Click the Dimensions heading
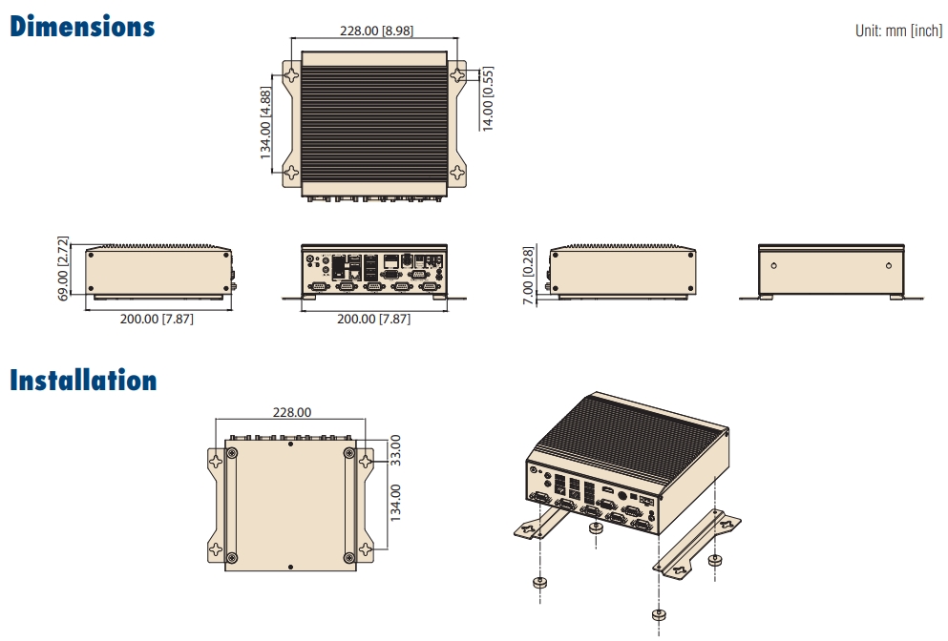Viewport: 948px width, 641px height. click(82, 27)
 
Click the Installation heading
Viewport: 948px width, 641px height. click(83, 381)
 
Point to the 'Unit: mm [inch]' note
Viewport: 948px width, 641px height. click(898, 31)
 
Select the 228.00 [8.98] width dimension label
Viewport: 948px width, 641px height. click(377, 31)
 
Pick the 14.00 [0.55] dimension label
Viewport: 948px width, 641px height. click(488, 99)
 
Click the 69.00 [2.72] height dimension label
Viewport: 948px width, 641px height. click(63, 268)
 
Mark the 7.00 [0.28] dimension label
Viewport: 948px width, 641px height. click(530, 274)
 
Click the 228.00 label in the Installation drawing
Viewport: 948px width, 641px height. click(292, 412)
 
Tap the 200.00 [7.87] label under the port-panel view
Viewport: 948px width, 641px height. click(374, 319)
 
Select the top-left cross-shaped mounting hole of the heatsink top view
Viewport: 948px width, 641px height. click(292, 73)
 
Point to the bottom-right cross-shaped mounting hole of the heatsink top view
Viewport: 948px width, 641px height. click(458, 173)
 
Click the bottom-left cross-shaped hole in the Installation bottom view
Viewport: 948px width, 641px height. click(217, 551)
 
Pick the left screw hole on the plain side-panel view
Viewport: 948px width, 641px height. click(773, 264)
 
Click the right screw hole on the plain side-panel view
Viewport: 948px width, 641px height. click(889, 264)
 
